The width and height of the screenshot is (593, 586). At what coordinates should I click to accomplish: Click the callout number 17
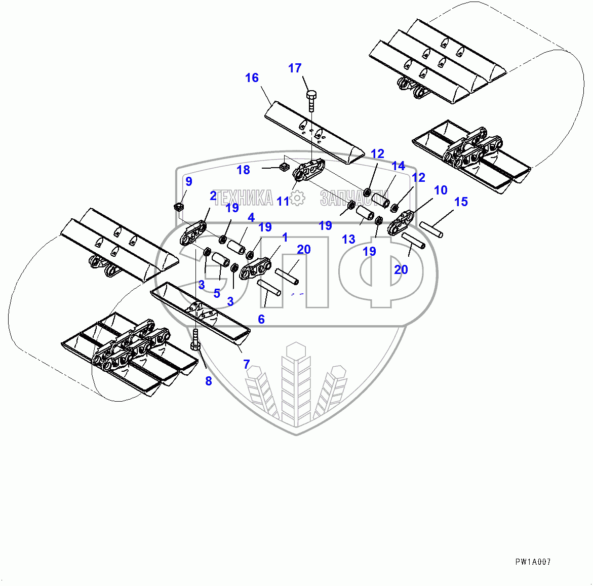(x=295, y=68)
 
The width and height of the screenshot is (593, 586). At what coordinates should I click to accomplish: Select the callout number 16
(x=252, y=77)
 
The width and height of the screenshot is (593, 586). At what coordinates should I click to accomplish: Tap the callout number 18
(x=244, y=170)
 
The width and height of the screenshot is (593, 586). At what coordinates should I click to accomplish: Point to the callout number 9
(x=188, y=181)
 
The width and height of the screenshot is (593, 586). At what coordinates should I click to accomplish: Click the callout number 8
(x=209, y=381)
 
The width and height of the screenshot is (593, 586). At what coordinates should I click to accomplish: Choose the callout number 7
(x=247, y=364)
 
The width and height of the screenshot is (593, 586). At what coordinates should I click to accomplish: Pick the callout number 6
(x=261, y=319)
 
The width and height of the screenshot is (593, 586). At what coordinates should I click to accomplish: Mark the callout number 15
(x=461, y=202)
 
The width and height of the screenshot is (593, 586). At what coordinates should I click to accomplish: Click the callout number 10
(x=441, y=190)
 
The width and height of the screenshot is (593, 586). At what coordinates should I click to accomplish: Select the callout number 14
(x=399, y=166)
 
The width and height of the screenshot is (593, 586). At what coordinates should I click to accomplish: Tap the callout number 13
(x=348, y=239)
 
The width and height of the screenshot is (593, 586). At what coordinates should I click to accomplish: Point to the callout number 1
(x=285, y=237)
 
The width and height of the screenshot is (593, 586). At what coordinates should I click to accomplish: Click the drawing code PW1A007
(x=533, y=562)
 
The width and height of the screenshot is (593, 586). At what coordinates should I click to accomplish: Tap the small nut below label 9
(x=178, y=207)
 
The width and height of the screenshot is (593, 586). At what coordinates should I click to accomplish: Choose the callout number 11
(x=283, y=201)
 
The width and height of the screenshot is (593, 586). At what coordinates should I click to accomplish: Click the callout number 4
(x=251, y=217)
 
